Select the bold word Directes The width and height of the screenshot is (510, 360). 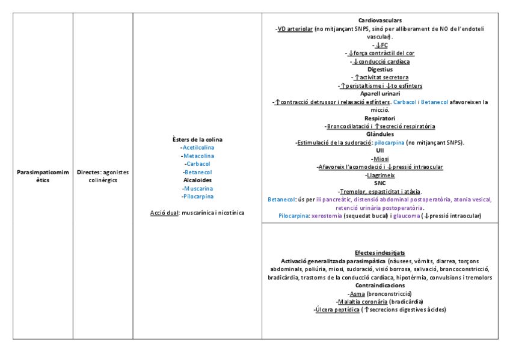point(88,172)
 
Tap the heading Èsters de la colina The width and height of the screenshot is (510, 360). point(197,139)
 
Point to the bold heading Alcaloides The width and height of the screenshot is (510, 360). point(197,180)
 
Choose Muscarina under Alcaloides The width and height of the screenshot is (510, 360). point(198,188)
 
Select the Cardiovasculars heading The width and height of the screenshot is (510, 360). point(379,20)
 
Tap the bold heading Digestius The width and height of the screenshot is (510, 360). point(379,69)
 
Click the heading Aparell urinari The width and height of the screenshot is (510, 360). point(379,94)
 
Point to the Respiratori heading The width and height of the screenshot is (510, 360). point(379,118)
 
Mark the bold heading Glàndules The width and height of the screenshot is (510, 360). point(379,135)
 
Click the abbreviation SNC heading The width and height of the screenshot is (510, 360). point(379,183)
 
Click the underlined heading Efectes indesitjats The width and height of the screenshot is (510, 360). point(379,253)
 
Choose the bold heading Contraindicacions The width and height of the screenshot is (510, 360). point(379,285)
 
